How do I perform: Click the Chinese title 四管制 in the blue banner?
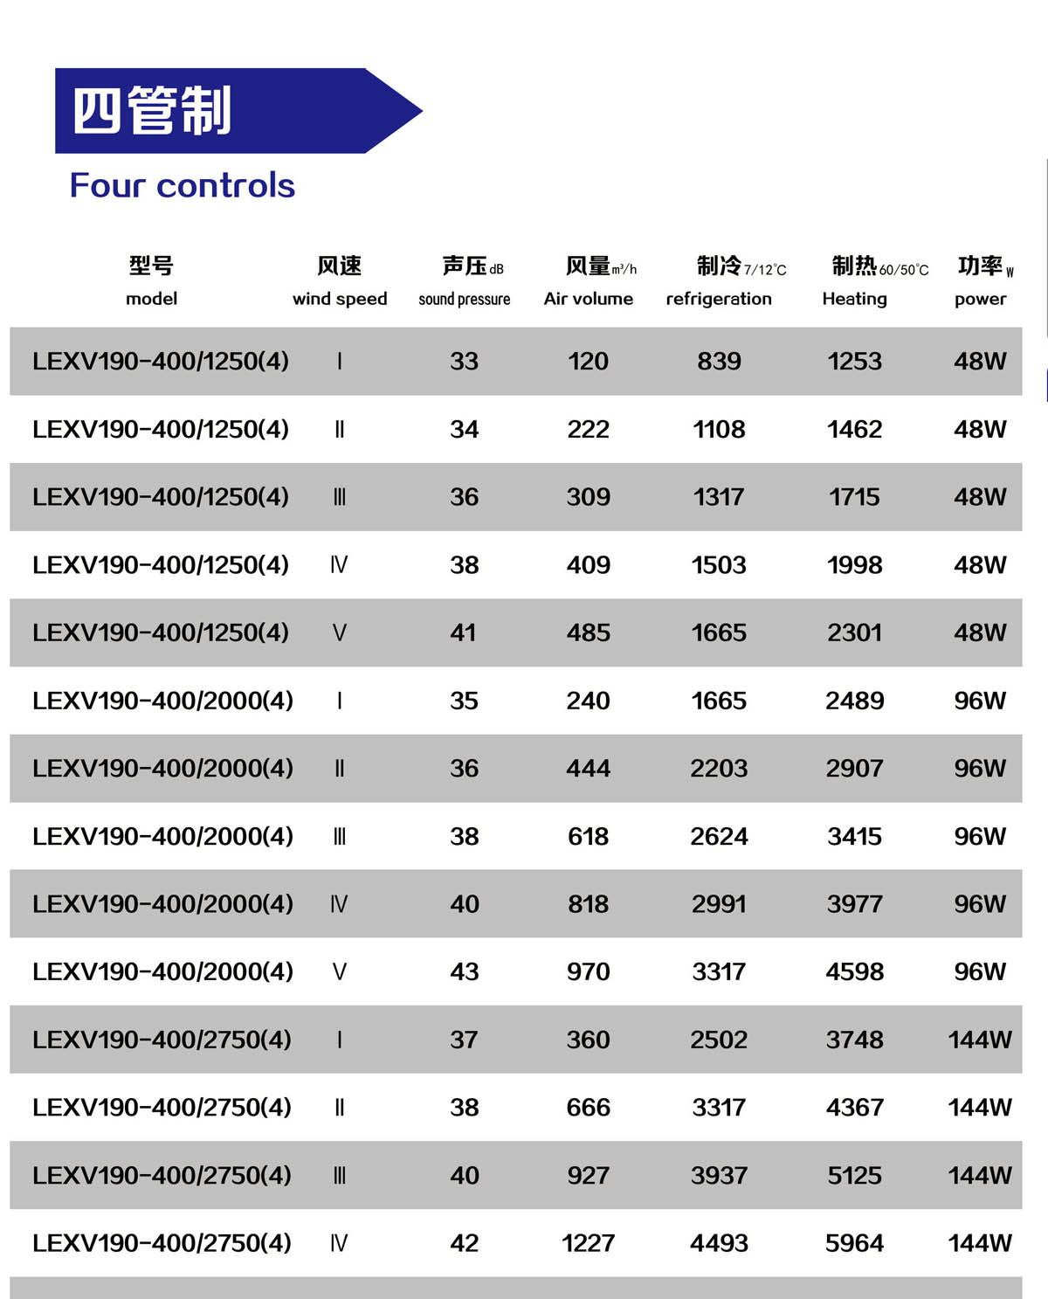[x=152, y=111]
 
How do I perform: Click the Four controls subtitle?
[x=182, y=186]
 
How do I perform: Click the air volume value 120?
[x=588, y=361]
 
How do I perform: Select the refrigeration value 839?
[x=719, y=361]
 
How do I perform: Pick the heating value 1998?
[x=854, y=565]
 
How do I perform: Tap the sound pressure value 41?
[x=464, y=632]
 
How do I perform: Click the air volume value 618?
[x=588, y=837]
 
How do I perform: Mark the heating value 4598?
[x=854, y=972]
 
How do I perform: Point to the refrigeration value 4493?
[x=719, y=1243]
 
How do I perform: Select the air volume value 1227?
[x=588, y=1243]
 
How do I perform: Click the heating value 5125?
[x=854, y=1176]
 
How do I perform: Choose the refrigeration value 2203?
[x=719, y=769]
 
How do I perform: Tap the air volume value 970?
[x=588, y=972]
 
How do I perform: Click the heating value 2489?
[x=854, y=701]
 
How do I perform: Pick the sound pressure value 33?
[x=464, y=361]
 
